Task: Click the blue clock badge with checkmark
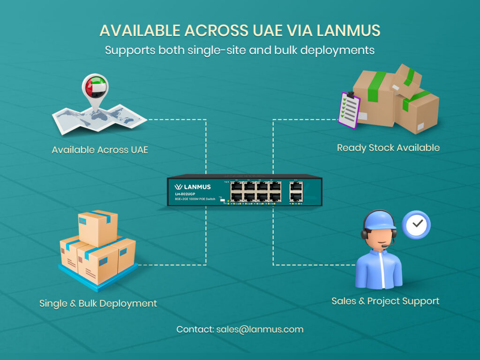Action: pos(416,225)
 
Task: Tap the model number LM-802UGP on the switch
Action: pos(185,194)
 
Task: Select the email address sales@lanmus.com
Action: pos(260,329)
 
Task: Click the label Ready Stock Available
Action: pos(388,148)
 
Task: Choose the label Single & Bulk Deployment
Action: pos(98,303)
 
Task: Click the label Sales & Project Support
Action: pos(385,301)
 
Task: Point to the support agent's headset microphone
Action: pos(385,246)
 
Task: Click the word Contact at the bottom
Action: pos(194,329)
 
